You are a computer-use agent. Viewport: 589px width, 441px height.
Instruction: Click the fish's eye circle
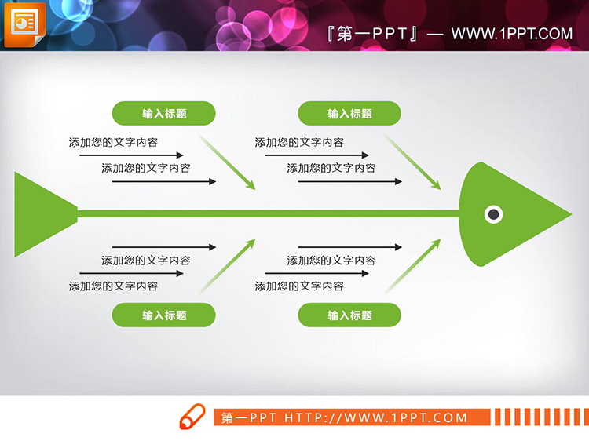[493, 213]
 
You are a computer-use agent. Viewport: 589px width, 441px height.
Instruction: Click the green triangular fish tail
[39, 213]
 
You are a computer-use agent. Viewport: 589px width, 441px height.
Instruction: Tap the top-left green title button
[164, 114]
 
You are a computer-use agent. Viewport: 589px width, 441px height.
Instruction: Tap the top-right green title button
[349, 114]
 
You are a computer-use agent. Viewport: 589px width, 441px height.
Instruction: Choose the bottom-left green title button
[164, 315]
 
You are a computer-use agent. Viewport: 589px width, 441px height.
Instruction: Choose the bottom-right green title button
[349, 315]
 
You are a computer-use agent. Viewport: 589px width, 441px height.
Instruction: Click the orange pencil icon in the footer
[192, 417]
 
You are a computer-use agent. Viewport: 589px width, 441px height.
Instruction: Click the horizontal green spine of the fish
[267, 213]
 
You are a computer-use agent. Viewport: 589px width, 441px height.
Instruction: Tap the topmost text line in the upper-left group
[113, 143]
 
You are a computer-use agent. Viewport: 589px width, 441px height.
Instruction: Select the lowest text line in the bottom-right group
[299, 286]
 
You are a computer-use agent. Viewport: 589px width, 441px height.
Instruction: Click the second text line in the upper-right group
[331, 168]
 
